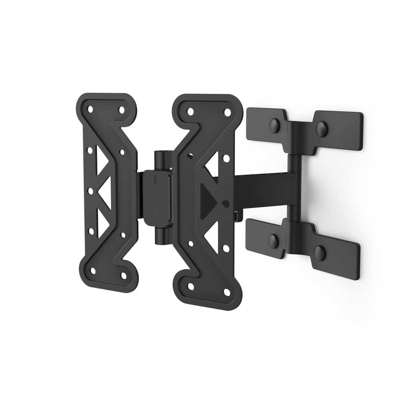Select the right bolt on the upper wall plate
coord(321,129)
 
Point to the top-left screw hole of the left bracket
coord(90,110)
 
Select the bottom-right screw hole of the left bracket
coord(123,275)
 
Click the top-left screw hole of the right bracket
coord(190,111)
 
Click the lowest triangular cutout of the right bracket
coord(211,233)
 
